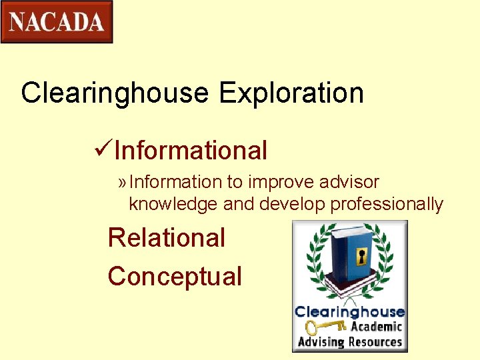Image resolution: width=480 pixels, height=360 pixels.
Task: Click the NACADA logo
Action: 57,22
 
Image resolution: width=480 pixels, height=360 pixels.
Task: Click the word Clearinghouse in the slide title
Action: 115,93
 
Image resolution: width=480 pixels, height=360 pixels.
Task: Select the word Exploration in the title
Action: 291,93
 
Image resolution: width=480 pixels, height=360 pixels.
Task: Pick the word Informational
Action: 191,151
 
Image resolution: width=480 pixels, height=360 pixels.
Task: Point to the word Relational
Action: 167,238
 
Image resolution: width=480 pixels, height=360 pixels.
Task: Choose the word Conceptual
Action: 175,276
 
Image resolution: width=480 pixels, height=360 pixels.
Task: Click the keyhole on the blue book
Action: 362,257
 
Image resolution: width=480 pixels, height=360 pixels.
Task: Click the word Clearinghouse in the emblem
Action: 349,312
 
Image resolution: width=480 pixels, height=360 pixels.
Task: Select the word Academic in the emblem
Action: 376,327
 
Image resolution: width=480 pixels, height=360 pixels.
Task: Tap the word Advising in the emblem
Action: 321,343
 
